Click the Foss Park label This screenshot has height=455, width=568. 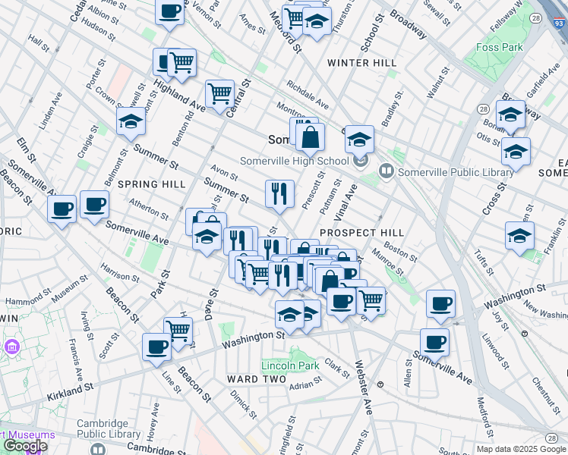[x=500, y=47]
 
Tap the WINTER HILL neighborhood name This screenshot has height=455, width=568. [x=357, y=62]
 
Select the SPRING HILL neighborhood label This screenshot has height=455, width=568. [x=152, y=184]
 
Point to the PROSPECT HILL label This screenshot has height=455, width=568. [x=361, y=232]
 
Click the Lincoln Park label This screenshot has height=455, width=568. [x=290, y=366]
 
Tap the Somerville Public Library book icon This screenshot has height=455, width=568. [x=387, y=172]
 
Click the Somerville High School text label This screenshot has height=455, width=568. [x=295, y=160]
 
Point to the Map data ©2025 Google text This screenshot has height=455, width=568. [x=521, y=449]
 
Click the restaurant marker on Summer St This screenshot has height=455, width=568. [x=279, y=193]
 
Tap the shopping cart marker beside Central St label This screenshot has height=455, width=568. [x=219, y=94]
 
